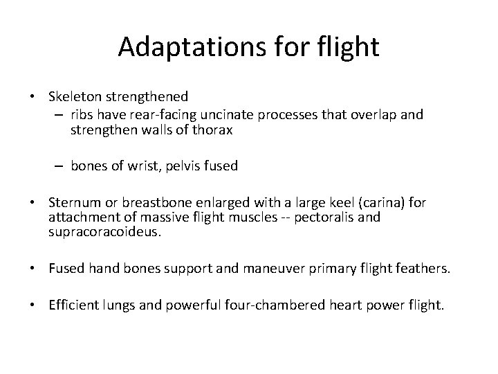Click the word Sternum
click(75, 203)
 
